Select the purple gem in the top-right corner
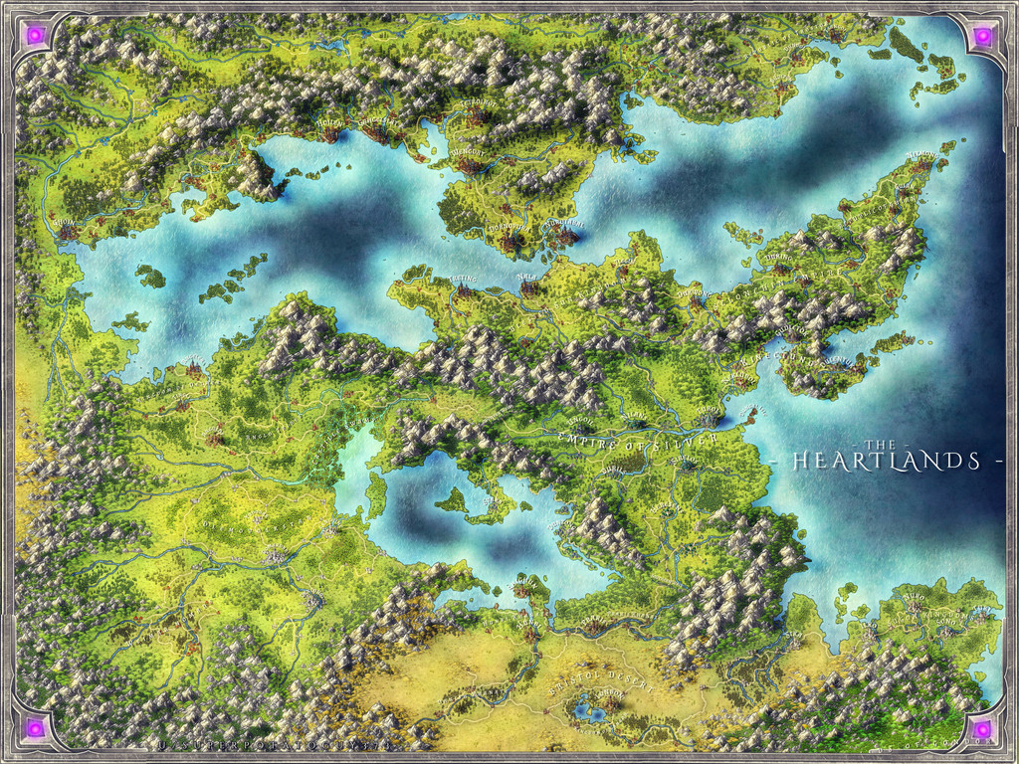(982, 36)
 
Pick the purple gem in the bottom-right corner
(982, 729)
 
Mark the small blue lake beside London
(585, 709)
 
